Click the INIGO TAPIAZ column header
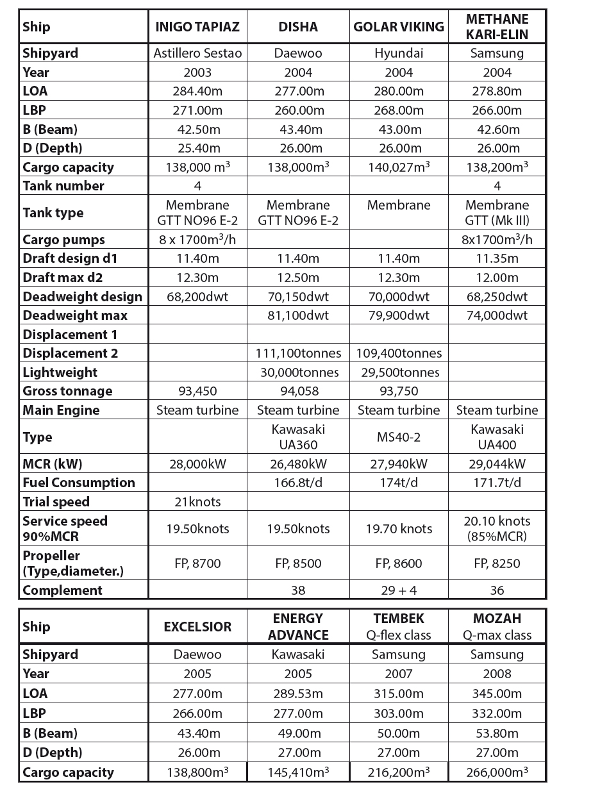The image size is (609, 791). coord(197,27)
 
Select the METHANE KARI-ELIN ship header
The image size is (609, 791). coord(497,27)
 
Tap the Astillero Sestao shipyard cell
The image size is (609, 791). coord(197,53)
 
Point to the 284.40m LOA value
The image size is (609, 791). coord(197,91)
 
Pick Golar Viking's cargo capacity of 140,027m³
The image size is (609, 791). coord(398,167)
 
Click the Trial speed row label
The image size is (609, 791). coord(56,502)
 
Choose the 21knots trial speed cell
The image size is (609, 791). coord(197,502)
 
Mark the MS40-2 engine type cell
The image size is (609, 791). coord(398,437)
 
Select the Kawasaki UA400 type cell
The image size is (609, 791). coord(497,437)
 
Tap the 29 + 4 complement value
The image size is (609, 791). coord(398,590)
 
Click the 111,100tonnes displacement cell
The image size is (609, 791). coord(298,353)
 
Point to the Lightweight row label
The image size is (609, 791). coord(60,372)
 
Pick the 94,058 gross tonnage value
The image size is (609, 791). coord(298,391)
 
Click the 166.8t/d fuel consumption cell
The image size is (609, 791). coord(298,483)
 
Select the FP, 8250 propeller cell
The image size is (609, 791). coord(497,564)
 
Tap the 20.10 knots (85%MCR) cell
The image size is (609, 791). coord(497,529)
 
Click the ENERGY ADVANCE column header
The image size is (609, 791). coord(298,627)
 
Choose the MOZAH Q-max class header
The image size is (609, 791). coord(497,627)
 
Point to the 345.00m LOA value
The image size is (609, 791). coord(497,693)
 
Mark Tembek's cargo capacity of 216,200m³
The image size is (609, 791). coord(398,772)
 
